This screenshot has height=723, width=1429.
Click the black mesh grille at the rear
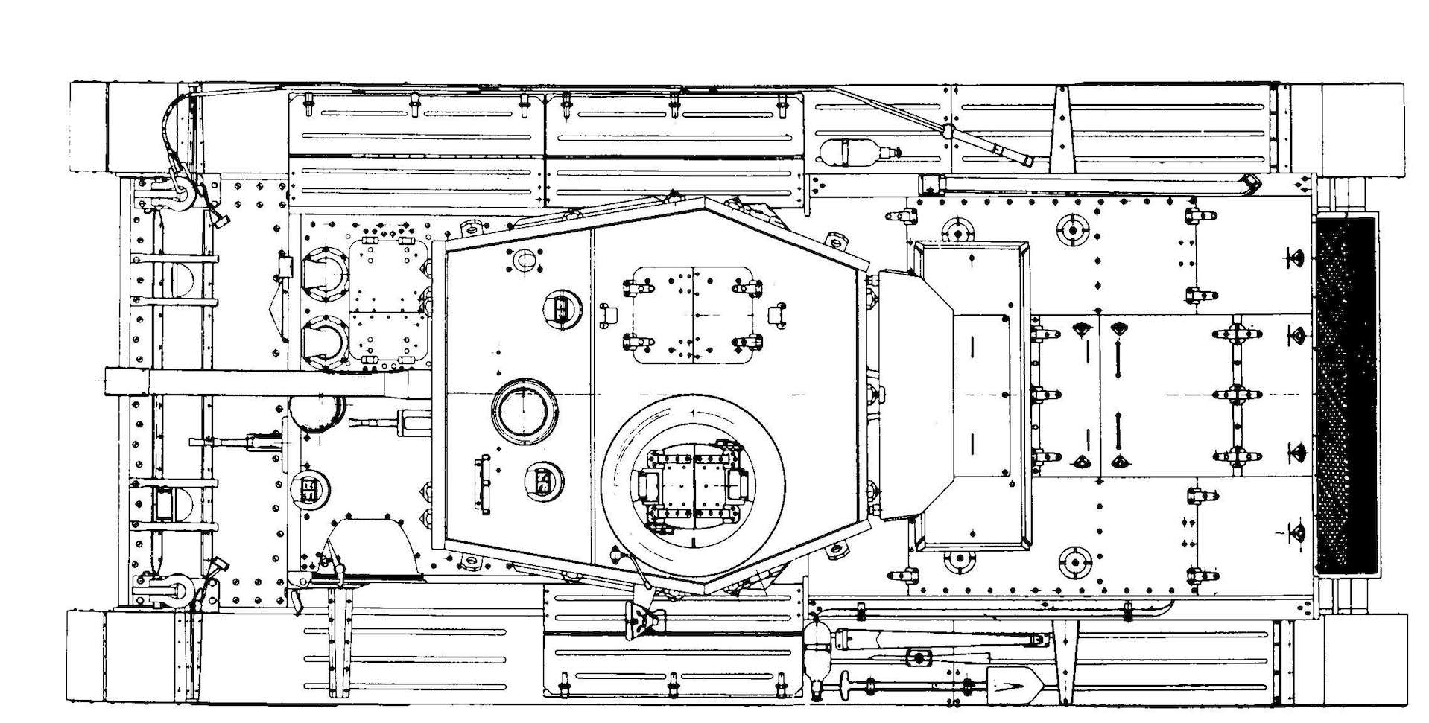coord(1346,395)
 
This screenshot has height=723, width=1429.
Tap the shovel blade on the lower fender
coord(1010,681)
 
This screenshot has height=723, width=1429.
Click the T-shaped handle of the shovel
coord(846,685)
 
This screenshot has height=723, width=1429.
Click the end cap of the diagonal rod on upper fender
coord(1027,159)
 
